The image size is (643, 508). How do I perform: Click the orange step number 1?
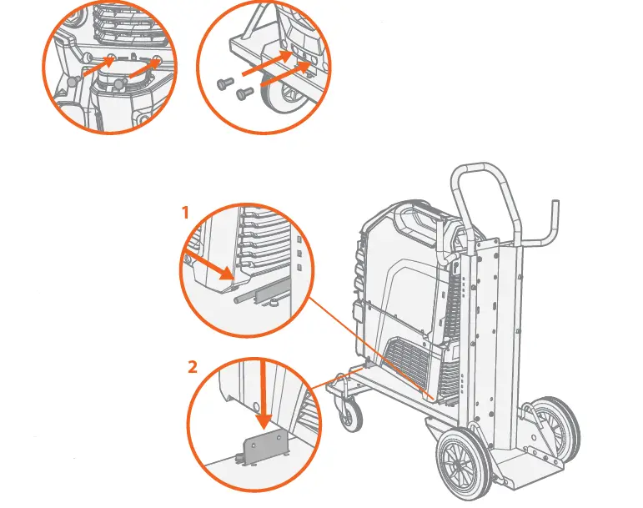click(x=185, y=214)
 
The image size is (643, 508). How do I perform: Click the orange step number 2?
click(x=193, y=365)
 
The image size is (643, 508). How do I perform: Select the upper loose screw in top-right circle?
click(x=225, y=83)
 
